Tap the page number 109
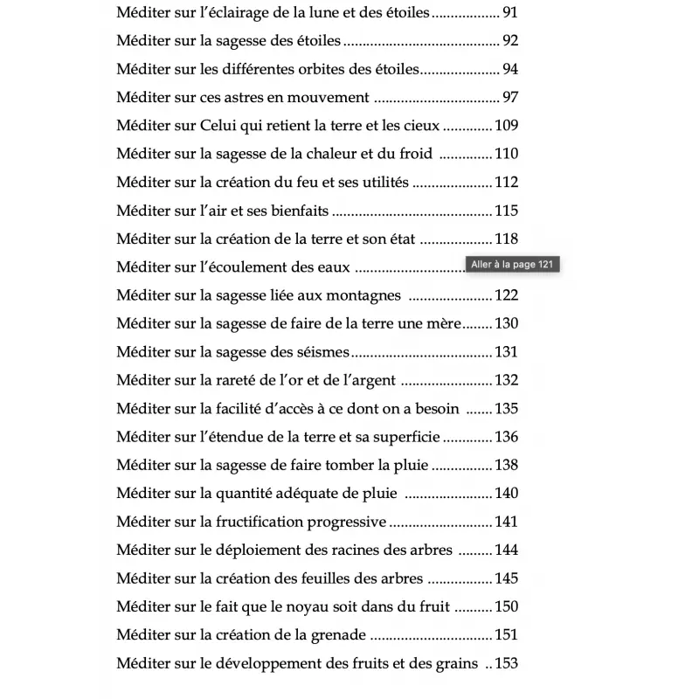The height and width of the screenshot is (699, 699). (507, 126)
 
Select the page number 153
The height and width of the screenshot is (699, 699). (507, 663)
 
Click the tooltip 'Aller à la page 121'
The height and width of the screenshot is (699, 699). (513, 265)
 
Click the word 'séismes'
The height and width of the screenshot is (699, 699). (324, 352)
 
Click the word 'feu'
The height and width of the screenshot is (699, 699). (320, 183)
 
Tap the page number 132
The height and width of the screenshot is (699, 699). (507, 381)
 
